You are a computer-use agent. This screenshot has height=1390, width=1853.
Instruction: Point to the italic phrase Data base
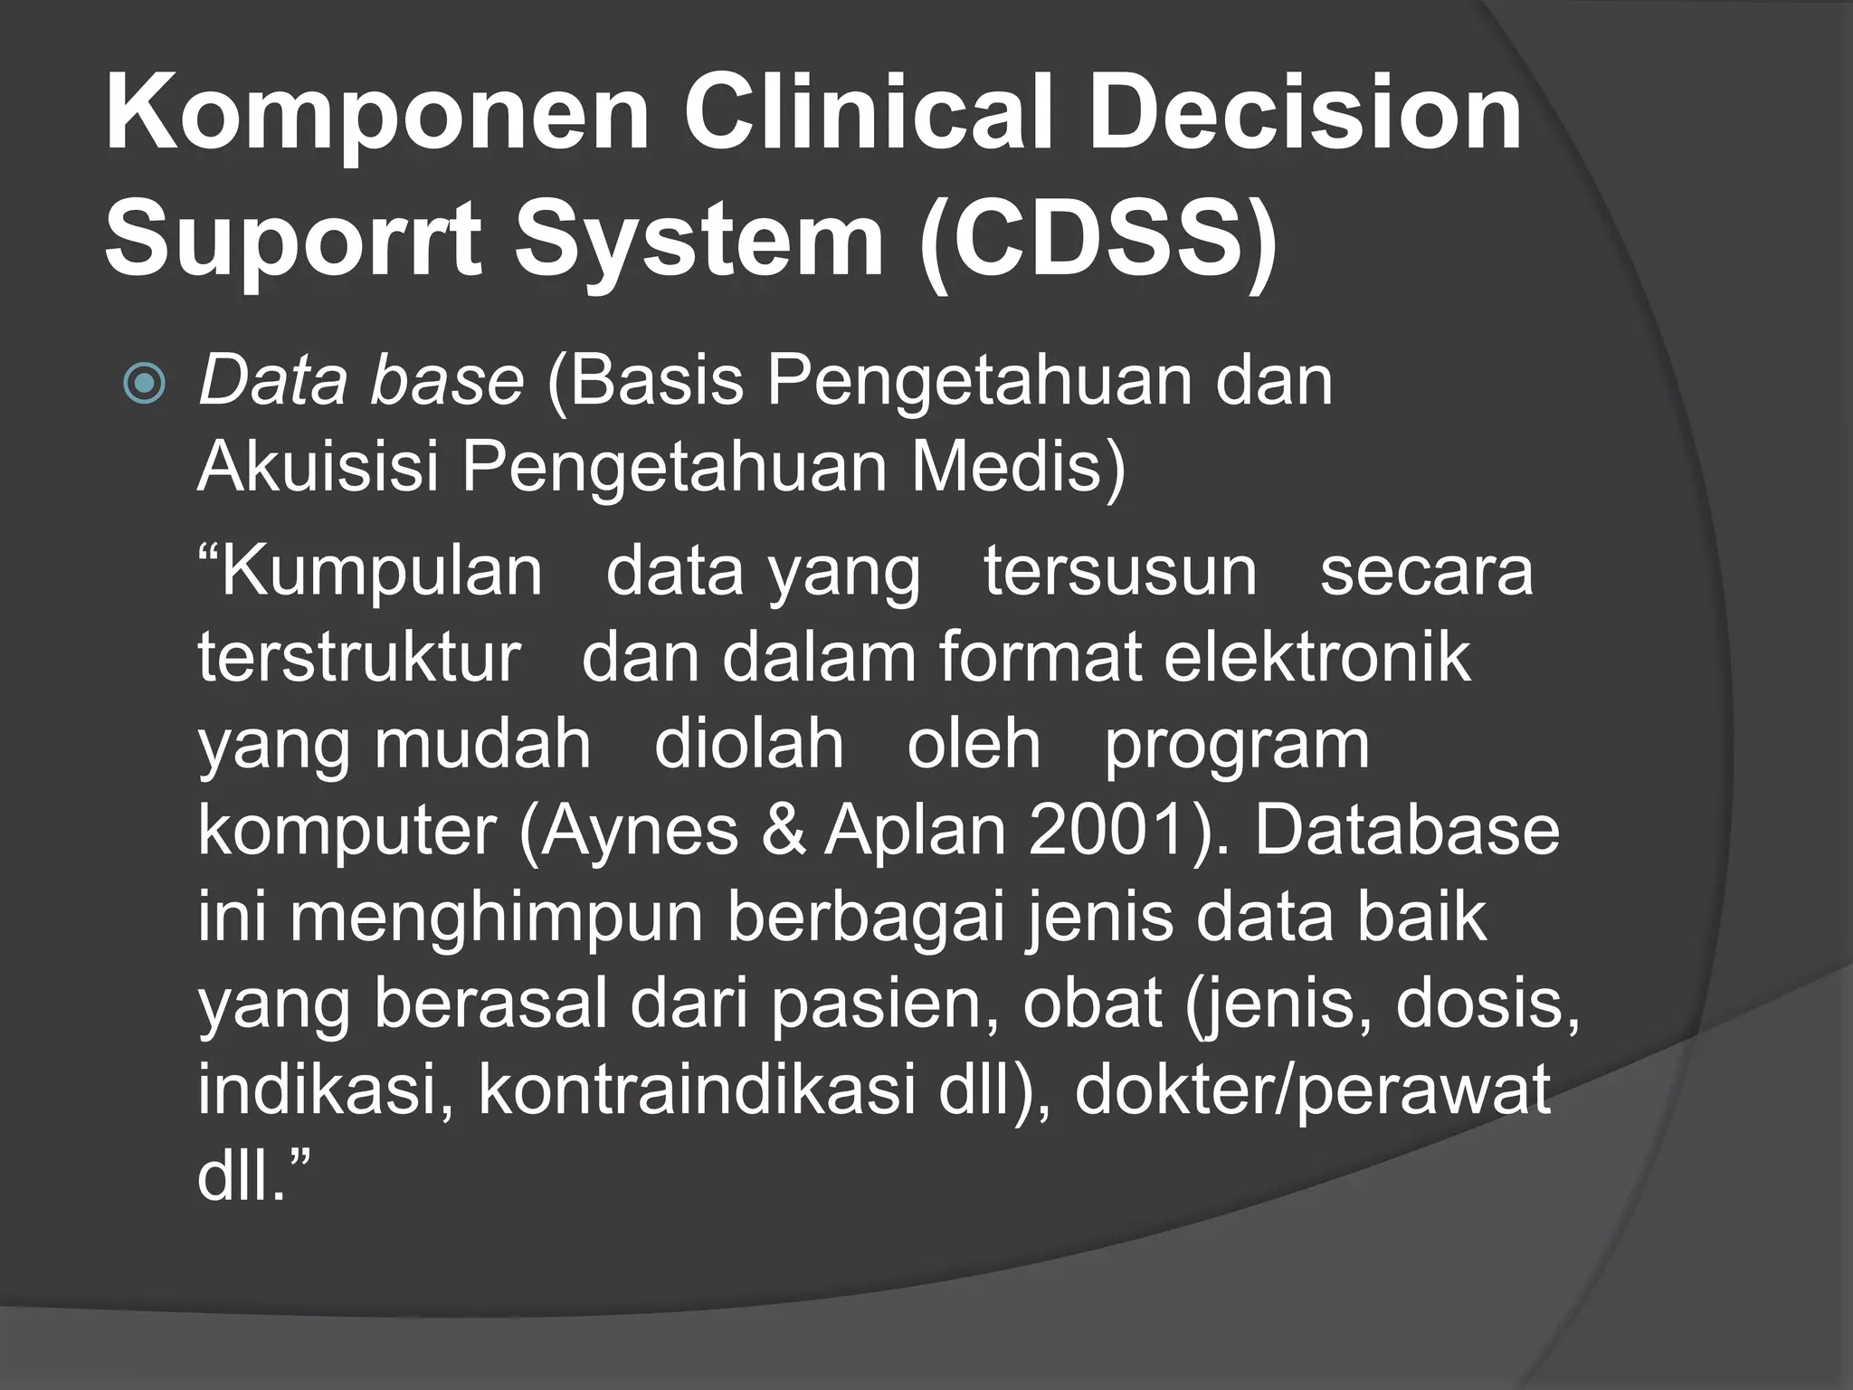click(x=360, y=381)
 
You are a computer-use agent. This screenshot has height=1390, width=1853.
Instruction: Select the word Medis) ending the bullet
click(x=1018, y=467)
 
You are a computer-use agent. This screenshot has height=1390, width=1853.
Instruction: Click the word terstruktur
click(x=359, y=657)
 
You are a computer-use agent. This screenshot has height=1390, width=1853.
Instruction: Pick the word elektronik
click(x=1316, y=657)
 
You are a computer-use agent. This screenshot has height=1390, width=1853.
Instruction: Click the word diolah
click(x=748, y=744)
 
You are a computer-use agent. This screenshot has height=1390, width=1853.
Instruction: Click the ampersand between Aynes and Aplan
click(x=783, y=831)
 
